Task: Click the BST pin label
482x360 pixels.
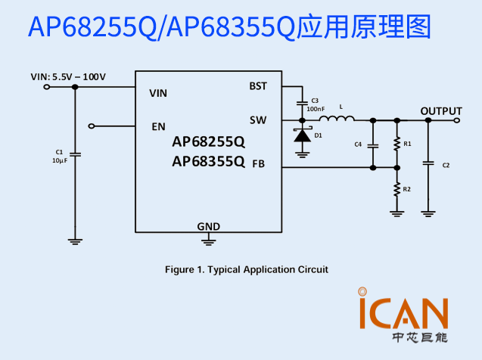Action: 257,86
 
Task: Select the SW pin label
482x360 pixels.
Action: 258,119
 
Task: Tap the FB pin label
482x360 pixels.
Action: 258,163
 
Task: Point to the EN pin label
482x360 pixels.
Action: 159,126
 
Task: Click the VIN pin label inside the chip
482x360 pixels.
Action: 158,93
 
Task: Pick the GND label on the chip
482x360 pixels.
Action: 208,226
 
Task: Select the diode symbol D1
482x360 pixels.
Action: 303,135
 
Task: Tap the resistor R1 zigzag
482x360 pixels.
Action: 396,144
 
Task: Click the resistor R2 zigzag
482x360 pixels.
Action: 396,189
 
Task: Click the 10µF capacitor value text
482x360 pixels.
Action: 60,160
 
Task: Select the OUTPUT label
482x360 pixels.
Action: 441,110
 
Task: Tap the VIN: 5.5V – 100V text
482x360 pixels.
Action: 68,76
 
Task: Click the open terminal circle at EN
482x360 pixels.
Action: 92,126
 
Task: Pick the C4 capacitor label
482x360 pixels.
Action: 358,144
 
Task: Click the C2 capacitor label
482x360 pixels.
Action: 446,165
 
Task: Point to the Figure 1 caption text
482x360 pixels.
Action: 247,269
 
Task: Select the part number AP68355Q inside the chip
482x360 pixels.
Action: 208,160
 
